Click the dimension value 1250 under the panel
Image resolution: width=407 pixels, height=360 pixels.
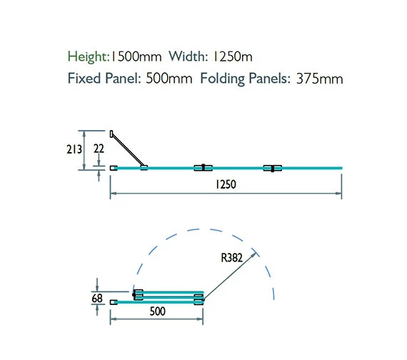[226, 184]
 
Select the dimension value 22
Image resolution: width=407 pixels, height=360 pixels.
[99, 149]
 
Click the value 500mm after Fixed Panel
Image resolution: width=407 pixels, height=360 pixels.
[169, 79]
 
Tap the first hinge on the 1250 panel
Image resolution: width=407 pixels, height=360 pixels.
[203, 169]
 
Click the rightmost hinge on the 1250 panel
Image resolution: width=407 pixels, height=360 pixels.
[272, 169]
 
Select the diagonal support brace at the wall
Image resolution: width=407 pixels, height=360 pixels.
[129, 150]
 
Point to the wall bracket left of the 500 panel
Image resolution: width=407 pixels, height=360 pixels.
[114, 301]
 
